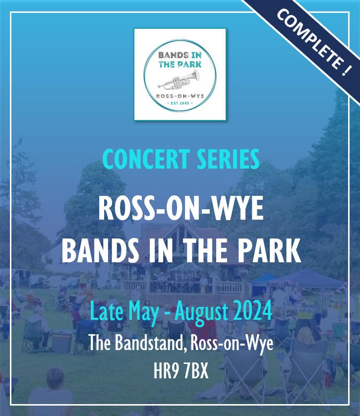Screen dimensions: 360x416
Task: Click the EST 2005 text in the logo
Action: coord(180,103)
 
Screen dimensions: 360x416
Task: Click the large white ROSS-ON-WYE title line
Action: coord(181,208)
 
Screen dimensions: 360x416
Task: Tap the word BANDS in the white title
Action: coord(100,250)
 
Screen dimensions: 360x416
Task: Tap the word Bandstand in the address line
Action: coord(150,343)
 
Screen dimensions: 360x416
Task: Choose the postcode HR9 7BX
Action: coord(181,371)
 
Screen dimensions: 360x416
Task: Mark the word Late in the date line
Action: coord(107,311)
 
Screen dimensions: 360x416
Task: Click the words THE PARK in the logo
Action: coord(180,64)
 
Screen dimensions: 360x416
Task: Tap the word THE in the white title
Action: coord(205,250)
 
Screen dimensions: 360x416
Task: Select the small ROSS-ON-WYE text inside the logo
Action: coord(180,96)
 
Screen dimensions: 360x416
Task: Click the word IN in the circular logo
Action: coord(196,55)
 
